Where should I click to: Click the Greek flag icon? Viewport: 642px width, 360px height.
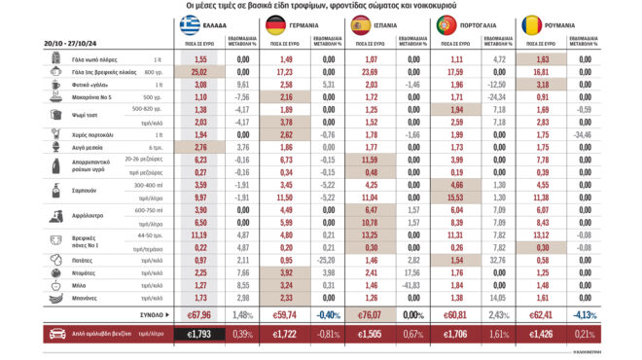pos(188,24)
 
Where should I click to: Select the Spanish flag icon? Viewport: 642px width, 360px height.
pos(359,24)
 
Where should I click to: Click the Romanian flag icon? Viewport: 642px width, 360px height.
pos(530,24)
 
